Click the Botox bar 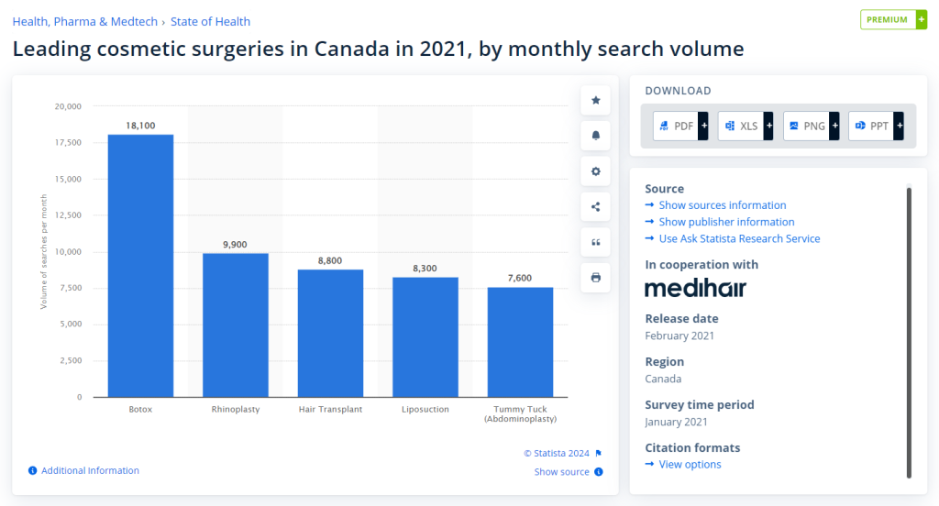[140, 266]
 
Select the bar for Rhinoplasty [236, 324]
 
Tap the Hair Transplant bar [330, 333]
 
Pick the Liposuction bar [425, 336]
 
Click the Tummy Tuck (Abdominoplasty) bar [520, 342]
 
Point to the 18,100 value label [140, 126]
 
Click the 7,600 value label [520, 278]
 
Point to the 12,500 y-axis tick [68, 215]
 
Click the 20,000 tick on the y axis [68, 106]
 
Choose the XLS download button [746, 126]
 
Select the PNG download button [811, 126]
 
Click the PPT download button [876, 126]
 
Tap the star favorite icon [596, 100]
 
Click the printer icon [596, 277]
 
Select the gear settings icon [596, 171]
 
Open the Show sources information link [722, 205]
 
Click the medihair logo [695, 289]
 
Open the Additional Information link [90, 470]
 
